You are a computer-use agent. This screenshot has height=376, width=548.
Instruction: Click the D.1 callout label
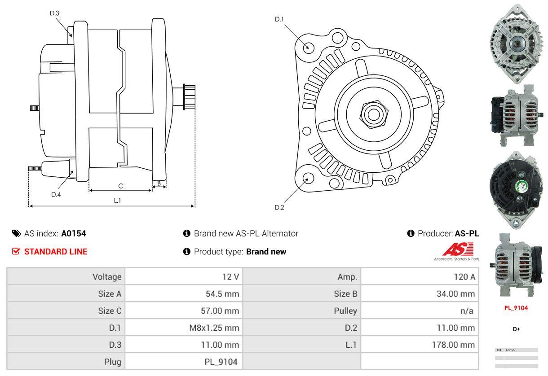(279, 19)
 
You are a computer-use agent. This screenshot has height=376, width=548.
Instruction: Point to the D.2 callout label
(279, 207)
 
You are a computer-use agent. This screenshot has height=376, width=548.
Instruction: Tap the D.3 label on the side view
(54, 13)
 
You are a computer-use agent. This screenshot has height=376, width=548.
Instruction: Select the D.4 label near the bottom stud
(56, 194)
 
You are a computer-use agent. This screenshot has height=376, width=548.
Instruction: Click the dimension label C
(120, 186)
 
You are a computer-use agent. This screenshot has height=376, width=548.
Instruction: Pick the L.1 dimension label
(117, 201)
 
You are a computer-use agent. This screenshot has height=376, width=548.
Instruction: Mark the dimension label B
(159, 183)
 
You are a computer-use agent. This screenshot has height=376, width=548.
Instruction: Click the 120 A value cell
(464, 277)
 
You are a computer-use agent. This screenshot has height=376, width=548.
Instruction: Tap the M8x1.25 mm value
(214, 328)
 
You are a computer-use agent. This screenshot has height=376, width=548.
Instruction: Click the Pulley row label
(345, 310)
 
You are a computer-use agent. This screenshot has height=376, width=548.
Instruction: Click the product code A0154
(74, 233)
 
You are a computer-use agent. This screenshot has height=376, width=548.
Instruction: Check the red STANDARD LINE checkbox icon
(16, 252)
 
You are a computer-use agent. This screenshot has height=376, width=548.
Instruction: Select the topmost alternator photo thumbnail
(516, 44)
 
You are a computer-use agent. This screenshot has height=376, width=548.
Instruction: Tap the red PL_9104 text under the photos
(516, 308)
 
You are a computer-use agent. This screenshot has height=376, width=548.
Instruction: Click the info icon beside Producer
(411, 233)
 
